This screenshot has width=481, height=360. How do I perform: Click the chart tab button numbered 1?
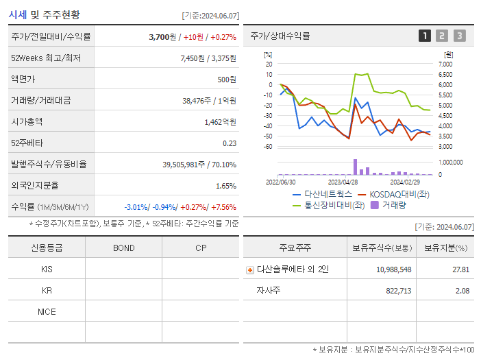click(x=425, y=36)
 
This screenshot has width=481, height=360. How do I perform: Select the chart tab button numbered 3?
click(x=459, y=36)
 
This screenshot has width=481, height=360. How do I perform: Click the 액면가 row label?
click(x=23, y=80)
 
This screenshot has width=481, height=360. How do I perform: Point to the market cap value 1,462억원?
click(x=220, y=122)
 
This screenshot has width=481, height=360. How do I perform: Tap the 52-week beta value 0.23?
click(x=229, y=143)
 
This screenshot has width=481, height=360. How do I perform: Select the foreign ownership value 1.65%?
click(x=225, y=186)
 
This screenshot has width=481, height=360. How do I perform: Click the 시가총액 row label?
click(x=27, y=122)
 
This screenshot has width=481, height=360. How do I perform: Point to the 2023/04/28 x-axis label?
click(x=343, y=182)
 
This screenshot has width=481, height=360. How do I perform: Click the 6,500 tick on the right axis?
click(x=445, y=74)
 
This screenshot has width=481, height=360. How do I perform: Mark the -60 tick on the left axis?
click(x=268, y=146)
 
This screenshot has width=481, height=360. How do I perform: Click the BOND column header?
click(x=123, y=248)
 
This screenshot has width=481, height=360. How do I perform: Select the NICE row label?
click(x=47, y=311)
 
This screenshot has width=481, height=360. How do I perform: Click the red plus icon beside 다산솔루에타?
click(x=250, y=269)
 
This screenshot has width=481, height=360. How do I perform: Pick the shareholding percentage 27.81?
click(x=460, y=269)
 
